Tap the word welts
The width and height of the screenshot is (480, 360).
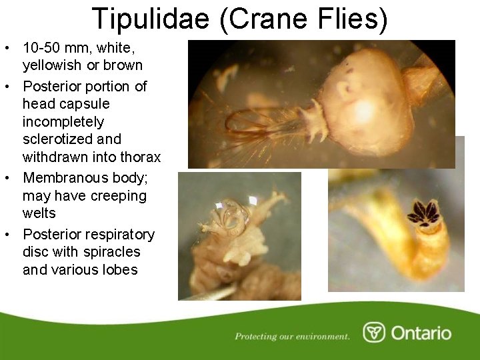pos(39,213)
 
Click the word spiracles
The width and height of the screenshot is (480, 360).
pos(112,252)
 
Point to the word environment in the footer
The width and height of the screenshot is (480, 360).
pos(321,337)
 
